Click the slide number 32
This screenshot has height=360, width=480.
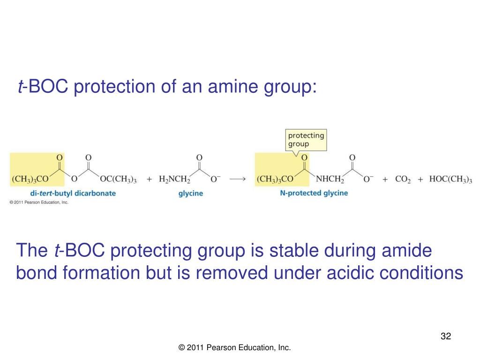coord(445,336)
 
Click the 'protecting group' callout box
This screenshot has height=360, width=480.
coord(306,140)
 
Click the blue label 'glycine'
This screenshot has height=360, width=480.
coord(190,193)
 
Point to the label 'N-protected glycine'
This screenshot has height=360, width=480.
coord(314,193)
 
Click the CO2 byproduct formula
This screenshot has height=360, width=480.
coord(402,180)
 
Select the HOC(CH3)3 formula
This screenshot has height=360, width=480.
coord(450,180)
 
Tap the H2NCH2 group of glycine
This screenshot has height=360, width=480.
coord(174,180)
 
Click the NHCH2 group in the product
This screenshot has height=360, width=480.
coord(330,180)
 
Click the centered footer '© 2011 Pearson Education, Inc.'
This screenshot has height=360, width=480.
coord(235,347)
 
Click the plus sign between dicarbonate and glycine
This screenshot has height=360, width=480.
coord(150,180)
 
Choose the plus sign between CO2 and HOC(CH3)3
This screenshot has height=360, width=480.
coord(420,180)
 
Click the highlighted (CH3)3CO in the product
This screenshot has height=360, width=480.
coord(275,180)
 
